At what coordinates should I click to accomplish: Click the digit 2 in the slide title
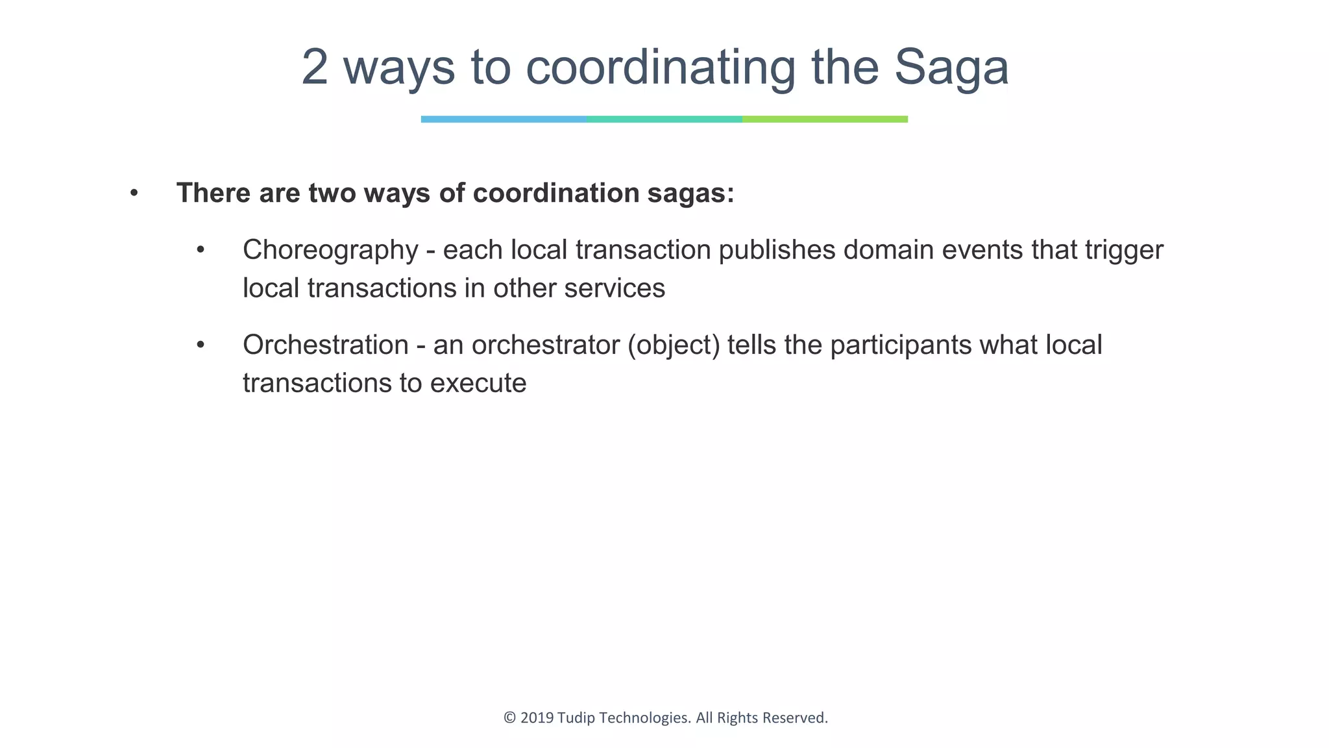(315, 68)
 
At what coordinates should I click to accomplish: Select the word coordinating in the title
(661, 68)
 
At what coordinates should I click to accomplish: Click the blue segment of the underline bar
(504, 119)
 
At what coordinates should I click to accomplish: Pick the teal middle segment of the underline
(664, 119)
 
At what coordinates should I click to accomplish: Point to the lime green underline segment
(825, 119)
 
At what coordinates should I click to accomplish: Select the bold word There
(213, 193)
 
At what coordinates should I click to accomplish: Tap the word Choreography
(330, 251)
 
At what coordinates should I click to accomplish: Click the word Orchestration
(325, 345)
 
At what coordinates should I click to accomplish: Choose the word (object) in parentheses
(674, 345)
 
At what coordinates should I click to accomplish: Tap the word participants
(901, 345)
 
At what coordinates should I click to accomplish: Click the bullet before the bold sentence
(134, 193)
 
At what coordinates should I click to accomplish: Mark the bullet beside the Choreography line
(201, 250)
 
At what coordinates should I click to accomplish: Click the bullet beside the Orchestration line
(201, 345)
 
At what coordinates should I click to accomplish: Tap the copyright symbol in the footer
(509, 718)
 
